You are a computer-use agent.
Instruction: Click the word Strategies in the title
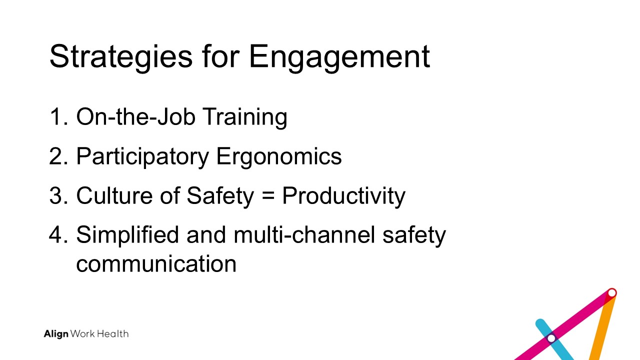(x=121, y=57)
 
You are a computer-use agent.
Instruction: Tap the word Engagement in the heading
(x=339, y=57)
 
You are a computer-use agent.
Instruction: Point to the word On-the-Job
(x=136, y=116)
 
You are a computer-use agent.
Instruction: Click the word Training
(x=245, y=117)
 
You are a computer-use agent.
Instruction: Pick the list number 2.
(x=59, y=156)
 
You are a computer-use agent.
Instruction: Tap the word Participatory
(x=142, y=157)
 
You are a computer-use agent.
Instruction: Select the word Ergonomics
(x=279, y=157)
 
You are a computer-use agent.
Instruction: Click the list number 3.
(x=59, y=195)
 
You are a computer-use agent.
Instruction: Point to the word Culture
(x=114, y=195)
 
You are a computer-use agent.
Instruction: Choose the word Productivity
(x=343, y=196)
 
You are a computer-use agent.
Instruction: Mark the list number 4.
(x=59, y=235)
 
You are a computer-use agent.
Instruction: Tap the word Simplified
(x=127, y=235)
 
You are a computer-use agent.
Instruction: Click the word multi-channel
(x=304, y=234)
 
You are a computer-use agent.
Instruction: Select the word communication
(x=156, y=263)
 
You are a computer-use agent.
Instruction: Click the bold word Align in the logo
(x=56, y=334)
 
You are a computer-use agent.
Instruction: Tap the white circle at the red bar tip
(x=611, y=293)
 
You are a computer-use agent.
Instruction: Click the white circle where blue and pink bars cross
(x=551, y=338)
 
